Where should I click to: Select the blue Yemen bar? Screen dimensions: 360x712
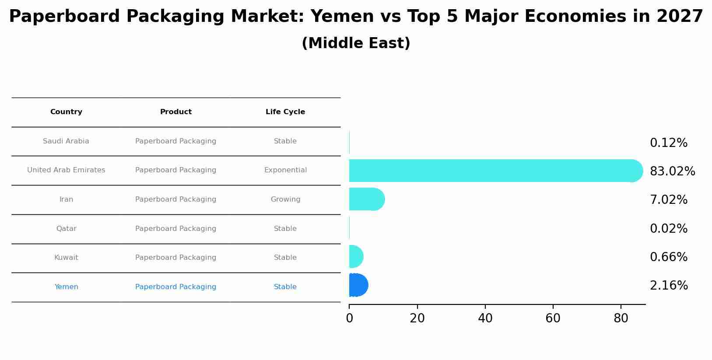pyautogui.click(x=358, y=285)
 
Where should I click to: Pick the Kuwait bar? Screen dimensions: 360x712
pyautogui.click(x=355, y=257)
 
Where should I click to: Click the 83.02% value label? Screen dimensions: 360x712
pyautogui.click(x=672, y=171)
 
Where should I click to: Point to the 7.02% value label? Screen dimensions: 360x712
pyautogui.click(x=668, y=200)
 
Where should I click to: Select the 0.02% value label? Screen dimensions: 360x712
pyautogui.click(x=668, y=229)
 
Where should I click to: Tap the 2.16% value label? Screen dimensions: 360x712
pyautogui.click(x=668, y=286)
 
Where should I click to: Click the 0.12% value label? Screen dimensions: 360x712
pyautogui.click(x=668, y=143)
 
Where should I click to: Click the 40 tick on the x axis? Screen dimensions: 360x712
pyautogui.click(x=485, y=318)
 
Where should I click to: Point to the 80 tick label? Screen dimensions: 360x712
pyautogui.click(x=621, y=318)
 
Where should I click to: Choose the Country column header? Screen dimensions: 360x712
pyautogui.click(x=66, y=112)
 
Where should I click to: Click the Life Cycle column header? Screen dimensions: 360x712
pyautogui.click(x=285, y=112)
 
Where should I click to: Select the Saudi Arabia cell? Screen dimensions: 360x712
pyautogui.click(x=66, y=141)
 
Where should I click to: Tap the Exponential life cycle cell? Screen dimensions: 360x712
pyautogui.click(x=285, y=170)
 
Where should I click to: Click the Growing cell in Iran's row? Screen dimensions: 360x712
pyautogui.click(x=285, y=199)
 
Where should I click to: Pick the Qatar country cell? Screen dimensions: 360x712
pyautogui.click(x=66, y=229)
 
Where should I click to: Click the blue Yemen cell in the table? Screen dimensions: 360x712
pyautogui.click(x=66, y=287)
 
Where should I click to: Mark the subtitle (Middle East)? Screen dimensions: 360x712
pyautogui.click(x=356, y=43)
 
